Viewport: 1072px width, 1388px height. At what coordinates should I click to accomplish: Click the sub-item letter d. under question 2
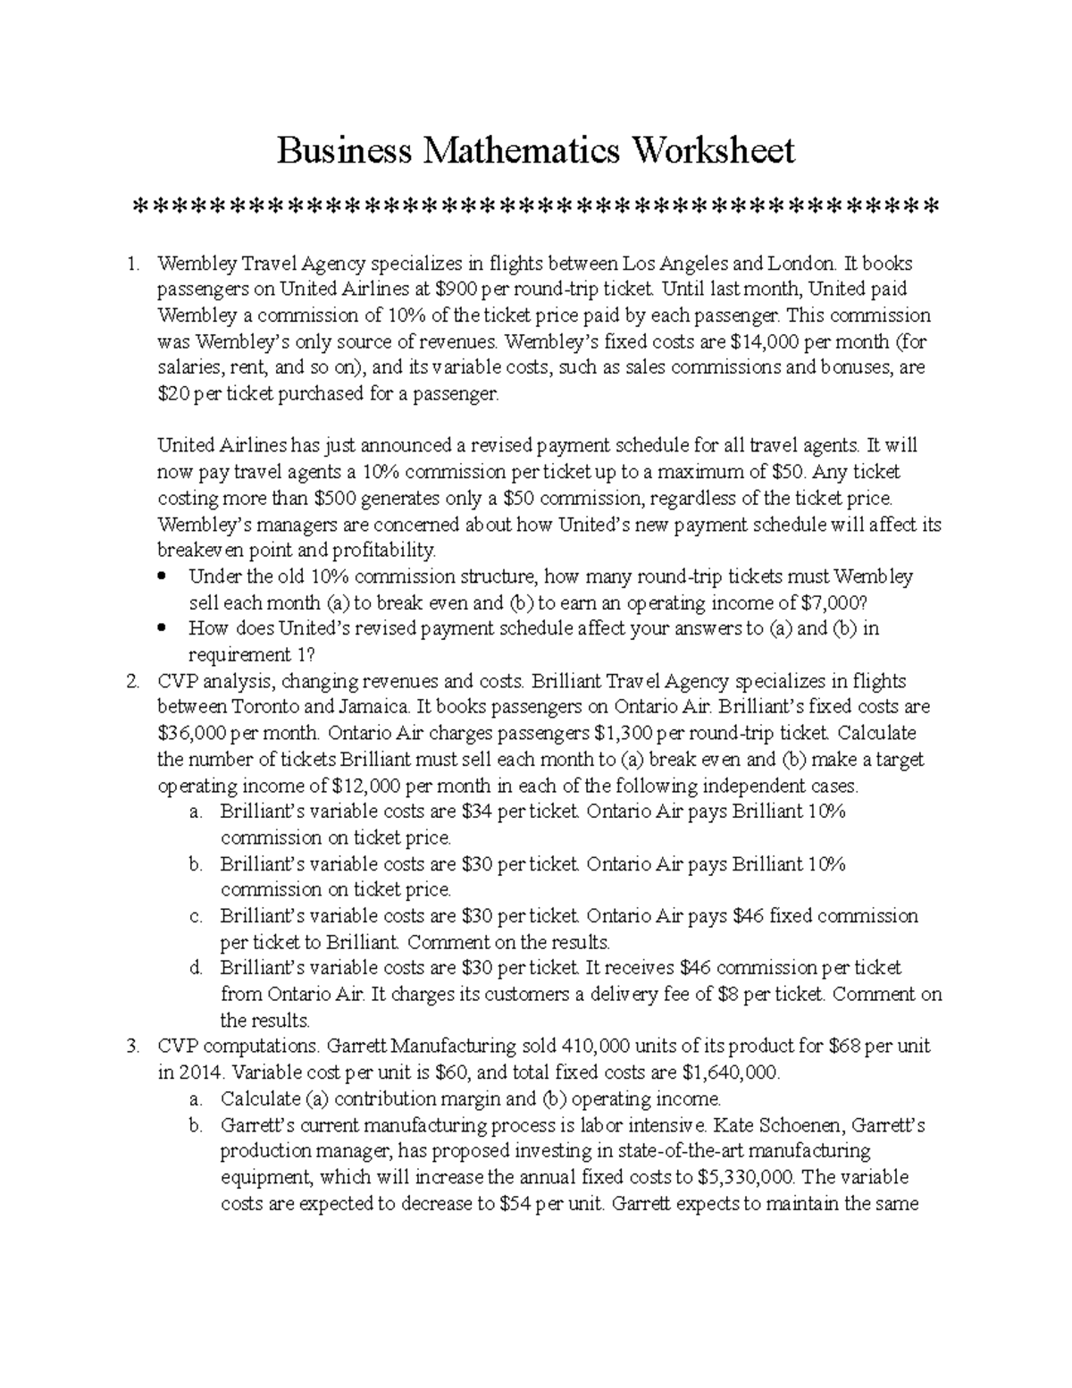(x=196, y=968)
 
